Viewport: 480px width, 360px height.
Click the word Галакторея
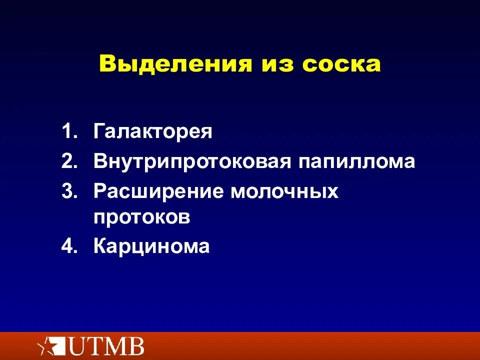(x=153, y=132)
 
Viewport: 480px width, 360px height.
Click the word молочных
(x=284, y=191)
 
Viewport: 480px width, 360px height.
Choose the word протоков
(x=142, y=217)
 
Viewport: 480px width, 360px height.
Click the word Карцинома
(x=151, y=246)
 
